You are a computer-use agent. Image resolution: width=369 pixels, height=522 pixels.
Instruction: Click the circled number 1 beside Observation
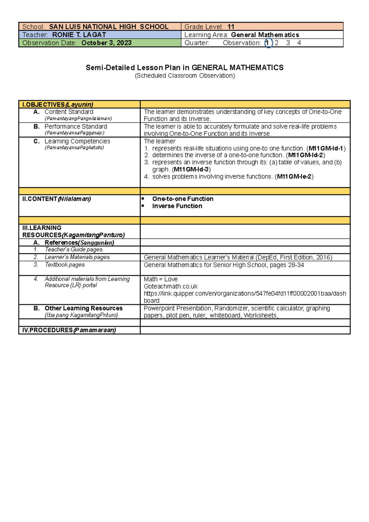point(268,43)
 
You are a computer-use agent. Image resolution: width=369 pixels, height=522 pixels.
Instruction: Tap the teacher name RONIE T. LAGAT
point(79,35)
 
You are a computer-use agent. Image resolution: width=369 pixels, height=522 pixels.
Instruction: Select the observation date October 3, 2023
point(106,43)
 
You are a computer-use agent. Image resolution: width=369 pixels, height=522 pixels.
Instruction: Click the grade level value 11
point(231,27)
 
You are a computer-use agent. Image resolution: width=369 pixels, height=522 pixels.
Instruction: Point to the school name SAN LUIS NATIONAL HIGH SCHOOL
point(109,27)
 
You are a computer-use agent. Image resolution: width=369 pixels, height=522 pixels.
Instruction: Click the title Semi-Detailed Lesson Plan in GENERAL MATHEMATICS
point(184,68)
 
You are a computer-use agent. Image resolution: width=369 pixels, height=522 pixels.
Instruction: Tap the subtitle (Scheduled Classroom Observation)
point(184,76)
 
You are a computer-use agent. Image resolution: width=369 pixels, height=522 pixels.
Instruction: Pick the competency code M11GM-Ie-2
point(294,176)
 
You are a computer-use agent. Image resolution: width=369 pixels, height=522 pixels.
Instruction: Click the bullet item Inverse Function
point(177,206)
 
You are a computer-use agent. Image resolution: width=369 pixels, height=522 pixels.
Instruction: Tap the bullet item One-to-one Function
point(183,199)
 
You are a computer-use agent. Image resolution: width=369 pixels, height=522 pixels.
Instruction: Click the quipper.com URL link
point(245,294)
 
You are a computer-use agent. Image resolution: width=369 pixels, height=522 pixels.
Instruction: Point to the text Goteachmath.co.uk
point(171,286)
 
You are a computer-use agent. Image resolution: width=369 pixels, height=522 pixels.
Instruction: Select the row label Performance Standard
point(76,127)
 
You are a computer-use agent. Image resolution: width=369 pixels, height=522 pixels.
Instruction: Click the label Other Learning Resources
point(83,308)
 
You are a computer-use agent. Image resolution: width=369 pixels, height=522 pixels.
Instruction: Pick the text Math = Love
point(161,279)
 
